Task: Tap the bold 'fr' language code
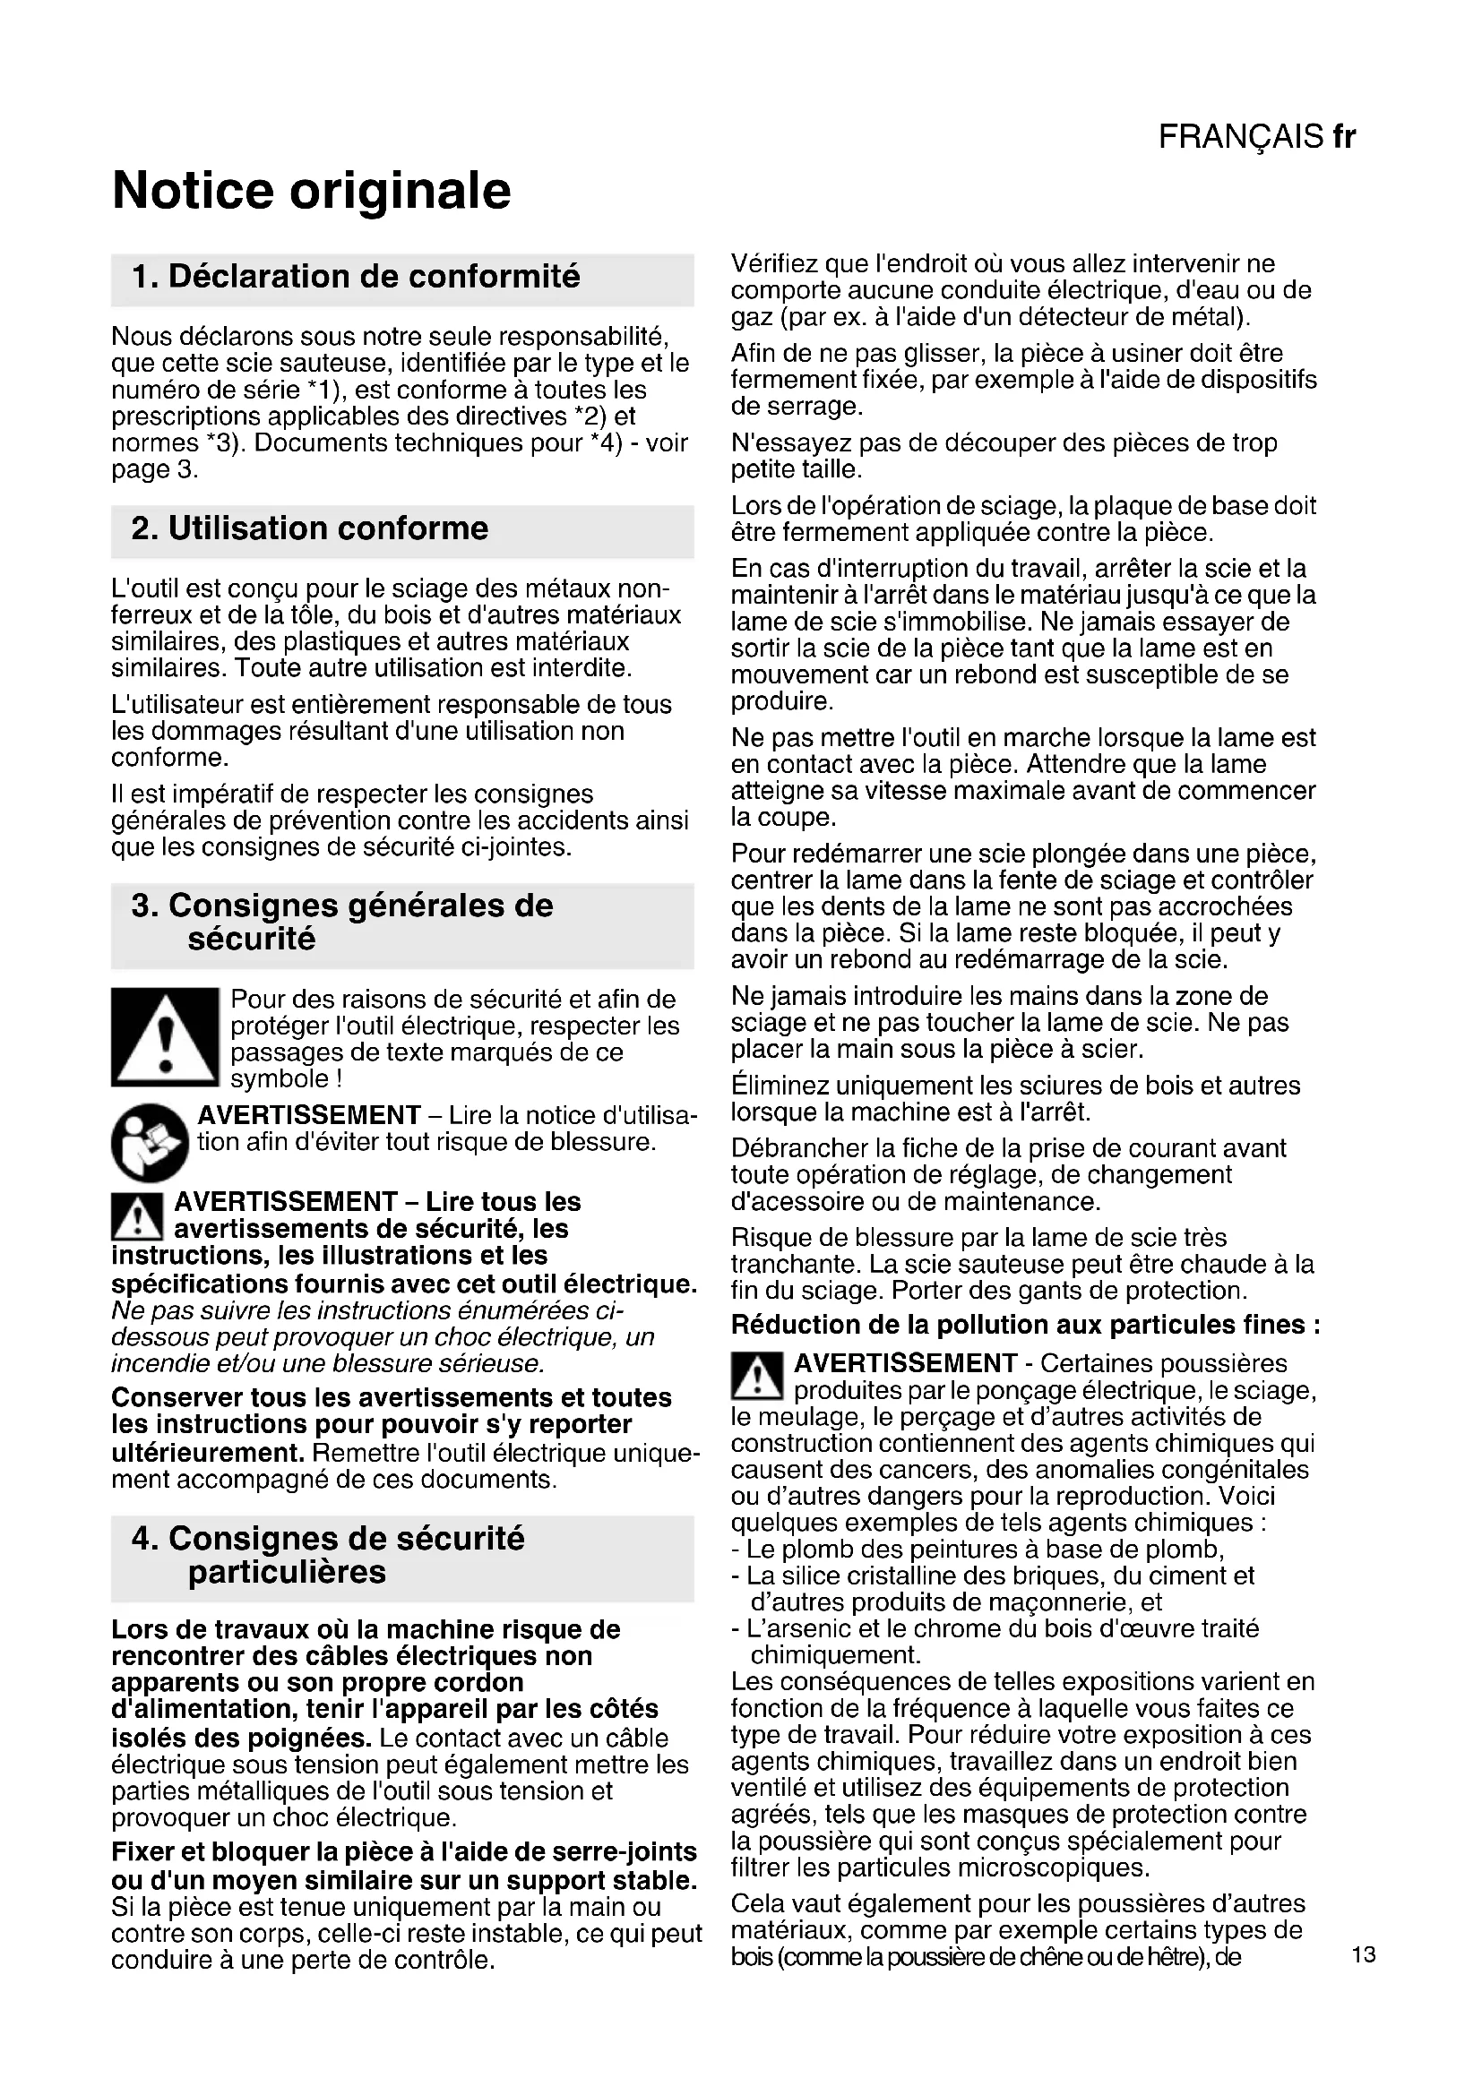click(x=1343, y=137)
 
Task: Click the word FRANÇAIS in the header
click(x=1240, y=137)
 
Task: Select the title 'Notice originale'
click(x=311, y=190)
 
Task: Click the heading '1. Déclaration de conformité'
click(x=356, y=277)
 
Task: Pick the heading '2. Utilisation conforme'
click(x=310, y=528)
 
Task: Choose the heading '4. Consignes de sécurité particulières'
click(x=329, y=1555)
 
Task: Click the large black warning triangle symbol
click(x=164, y=1037)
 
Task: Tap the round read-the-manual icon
click(x=150, y=1141)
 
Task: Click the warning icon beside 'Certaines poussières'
click(x=756, y=1376)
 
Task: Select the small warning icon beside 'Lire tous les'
click(x=137, y=1216)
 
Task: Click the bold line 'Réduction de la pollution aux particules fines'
click(x=1026, y=1324)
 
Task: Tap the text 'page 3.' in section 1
click(x=154, y=470)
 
